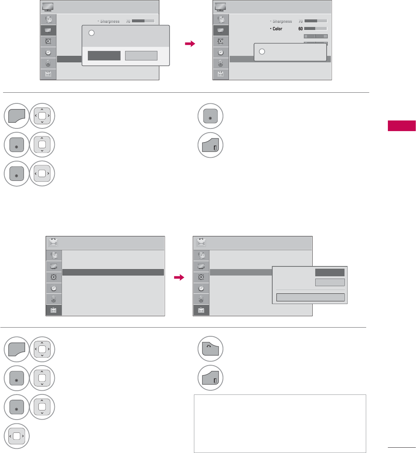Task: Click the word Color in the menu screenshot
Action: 278,29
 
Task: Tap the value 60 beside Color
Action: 300,29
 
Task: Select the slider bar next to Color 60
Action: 316,29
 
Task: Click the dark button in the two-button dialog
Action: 104,55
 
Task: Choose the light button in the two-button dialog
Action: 141,55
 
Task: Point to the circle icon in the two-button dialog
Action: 91,33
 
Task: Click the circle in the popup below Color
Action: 262,52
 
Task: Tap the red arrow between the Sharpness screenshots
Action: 189,44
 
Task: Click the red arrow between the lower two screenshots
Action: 179,277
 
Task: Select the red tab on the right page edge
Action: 402,126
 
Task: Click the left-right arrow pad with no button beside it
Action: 16,436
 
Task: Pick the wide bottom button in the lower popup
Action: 310,297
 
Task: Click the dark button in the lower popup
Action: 330,272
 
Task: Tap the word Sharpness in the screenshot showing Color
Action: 282,21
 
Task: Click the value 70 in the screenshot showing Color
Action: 300,21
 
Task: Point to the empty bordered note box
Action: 280,423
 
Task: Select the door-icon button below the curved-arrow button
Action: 210,378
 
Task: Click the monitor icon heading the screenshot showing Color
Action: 221,7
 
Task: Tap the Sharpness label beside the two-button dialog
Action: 110,21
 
